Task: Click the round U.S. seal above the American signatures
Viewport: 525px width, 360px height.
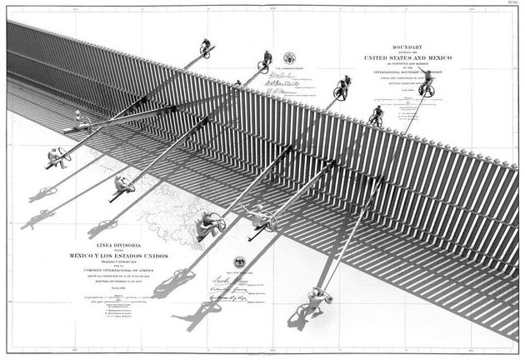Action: tap(289, 58)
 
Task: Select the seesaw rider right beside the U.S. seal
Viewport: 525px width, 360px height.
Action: tap(266, 59)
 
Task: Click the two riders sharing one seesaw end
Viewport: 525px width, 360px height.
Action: tap(342, 86)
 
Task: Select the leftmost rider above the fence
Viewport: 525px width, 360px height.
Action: tap(205, 47)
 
